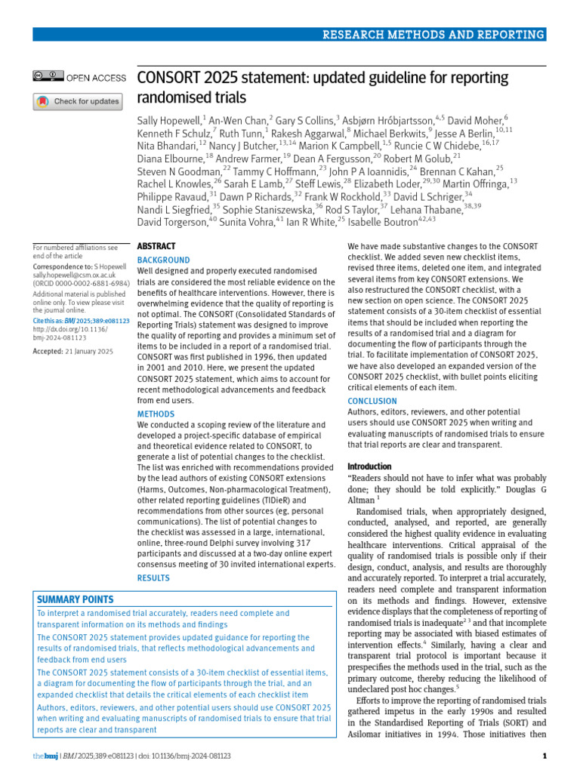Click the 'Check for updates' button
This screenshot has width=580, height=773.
coord(78,101)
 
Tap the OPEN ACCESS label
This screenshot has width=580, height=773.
coord(96,77)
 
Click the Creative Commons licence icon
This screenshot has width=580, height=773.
coord(48,77)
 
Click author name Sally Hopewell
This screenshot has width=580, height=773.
coord(170,121)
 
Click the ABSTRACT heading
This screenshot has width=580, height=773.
coord(156,246)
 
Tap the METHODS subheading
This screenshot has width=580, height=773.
coord(155,414)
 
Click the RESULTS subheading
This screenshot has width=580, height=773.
coord(153,577)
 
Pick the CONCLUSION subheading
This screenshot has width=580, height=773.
coord(372,401)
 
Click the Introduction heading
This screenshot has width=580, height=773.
coord(369,467)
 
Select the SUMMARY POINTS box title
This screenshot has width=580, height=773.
coord(76,599)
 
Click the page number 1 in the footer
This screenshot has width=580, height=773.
coord(545,756)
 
